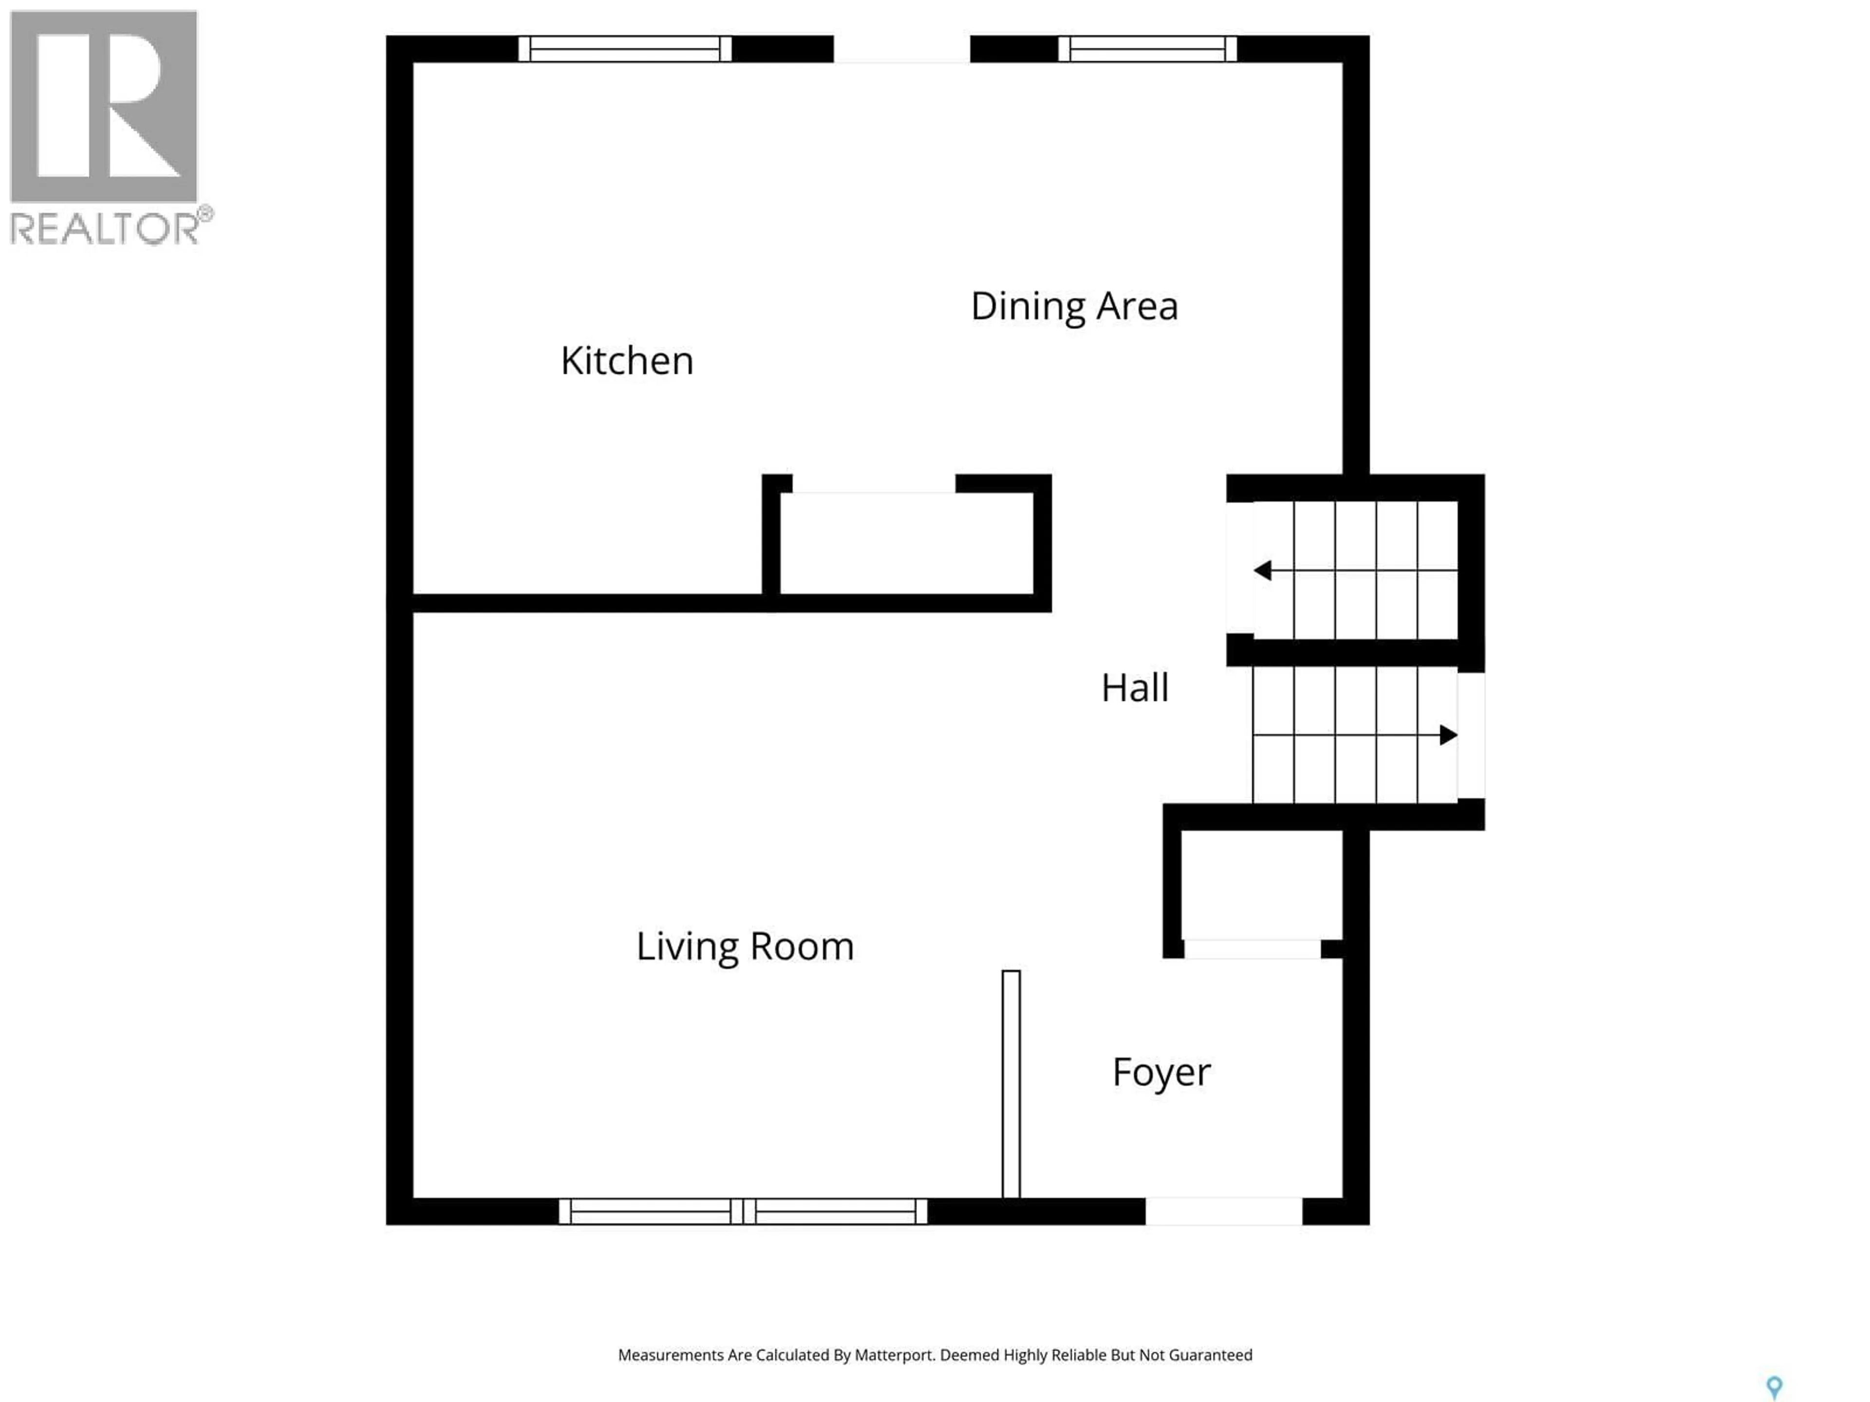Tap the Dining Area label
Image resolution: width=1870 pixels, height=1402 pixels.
pyautogui.click(x=1074, y=306)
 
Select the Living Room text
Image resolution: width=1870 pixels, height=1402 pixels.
pyautogui.click(x=745, y=946)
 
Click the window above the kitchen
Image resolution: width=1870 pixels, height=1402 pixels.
pyautogui.click(x=625, y=49)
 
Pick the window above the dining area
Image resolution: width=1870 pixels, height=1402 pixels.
pyautogui.click(x=1147, y=49)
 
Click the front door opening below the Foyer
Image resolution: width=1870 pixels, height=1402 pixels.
pyautogui.click(x=1223, y=1211)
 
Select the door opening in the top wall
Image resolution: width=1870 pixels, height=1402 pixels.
pyautogui.click(x=901, y=49)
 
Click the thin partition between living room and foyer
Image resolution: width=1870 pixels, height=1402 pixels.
pyautogui.click(x=1011, y=1084)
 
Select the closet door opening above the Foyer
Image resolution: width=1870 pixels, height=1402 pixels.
pyautogui.click(x=1252, y=949)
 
